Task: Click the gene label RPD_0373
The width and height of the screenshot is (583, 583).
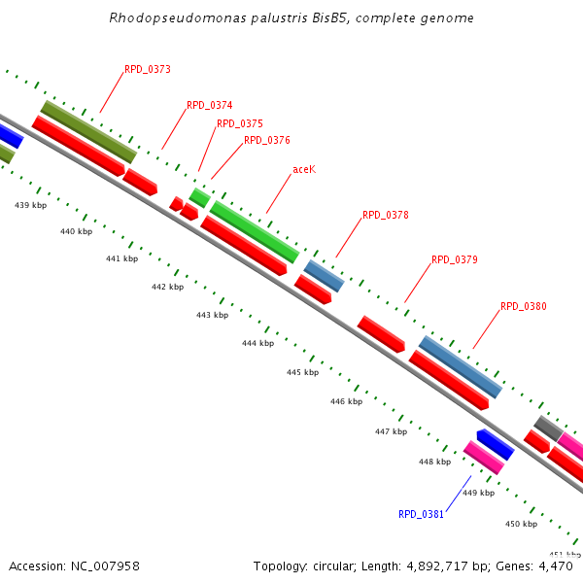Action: point(148,70)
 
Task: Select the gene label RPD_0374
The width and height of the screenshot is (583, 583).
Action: point(210,105)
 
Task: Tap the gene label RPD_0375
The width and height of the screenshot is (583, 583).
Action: point(240,124)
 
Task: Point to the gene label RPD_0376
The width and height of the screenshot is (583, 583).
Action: point(267,140)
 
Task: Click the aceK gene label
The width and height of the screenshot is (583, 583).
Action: point(304,169)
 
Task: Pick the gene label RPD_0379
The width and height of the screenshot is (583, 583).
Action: point(455,260)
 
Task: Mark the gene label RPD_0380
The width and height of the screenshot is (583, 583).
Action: point(524,307)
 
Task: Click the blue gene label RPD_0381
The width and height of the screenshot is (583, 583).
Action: point(421,514)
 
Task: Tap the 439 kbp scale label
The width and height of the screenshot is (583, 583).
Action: point(30,206)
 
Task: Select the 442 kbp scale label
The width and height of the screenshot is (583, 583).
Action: point(167,287)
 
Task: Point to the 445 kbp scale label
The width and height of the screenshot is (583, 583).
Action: point(302,372)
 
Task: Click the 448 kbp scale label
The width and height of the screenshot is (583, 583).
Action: point(434,462)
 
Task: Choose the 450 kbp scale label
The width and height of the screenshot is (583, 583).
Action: point(521,524)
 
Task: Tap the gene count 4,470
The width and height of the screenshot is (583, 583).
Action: point(560,566)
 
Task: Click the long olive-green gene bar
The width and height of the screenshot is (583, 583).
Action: point(88,131)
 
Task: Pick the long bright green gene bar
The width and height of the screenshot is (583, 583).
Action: point(255,231)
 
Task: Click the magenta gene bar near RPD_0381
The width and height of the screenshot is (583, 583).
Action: point(484,457)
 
